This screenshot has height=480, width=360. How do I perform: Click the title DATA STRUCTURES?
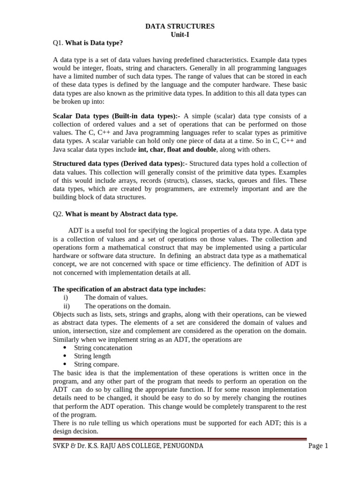tap(180, 27)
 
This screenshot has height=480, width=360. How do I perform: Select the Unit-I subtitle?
tap(180, 35)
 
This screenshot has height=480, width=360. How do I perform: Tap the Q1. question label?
tap(58, 44)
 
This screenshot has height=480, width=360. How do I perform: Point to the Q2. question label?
tap(58, 214)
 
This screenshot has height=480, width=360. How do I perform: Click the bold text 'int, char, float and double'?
tap(177, 150)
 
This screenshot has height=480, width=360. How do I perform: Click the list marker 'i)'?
tap(66, 298)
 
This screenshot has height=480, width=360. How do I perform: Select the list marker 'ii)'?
tap(66, 306)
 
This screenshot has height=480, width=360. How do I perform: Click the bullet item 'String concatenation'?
tap(103, 348)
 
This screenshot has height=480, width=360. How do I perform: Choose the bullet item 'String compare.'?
tap(97, 364)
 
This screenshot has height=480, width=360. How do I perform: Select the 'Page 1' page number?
tap(318, 446)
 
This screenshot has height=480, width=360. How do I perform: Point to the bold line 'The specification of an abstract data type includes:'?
tap(129, 289)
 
